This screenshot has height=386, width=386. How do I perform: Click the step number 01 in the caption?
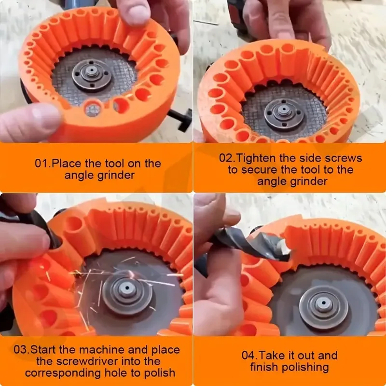41,163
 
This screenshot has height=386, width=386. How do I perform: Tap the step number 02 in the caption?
226,158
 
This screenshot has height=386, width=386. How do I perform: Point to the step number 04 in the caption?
248,356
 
